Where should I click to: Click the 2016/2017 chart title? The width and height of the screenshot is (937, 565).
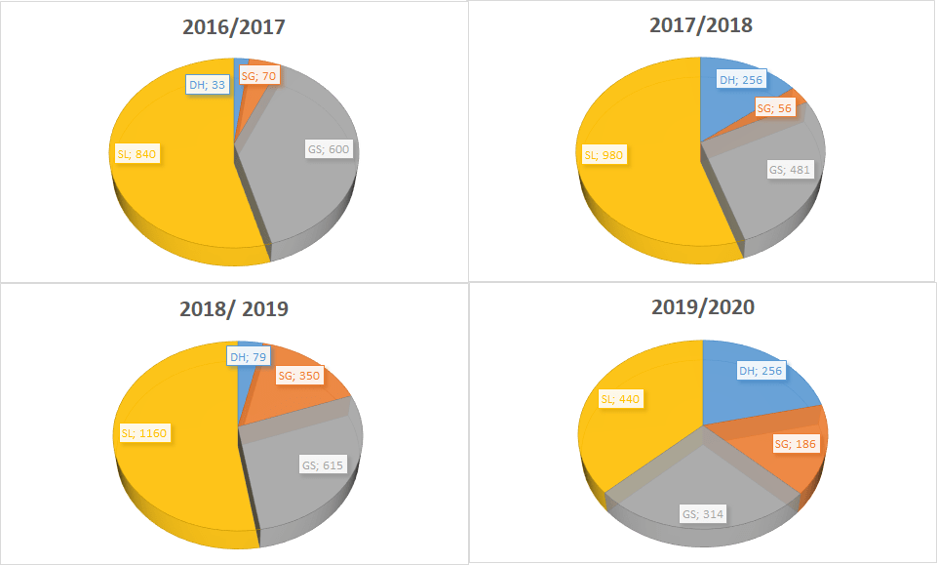[234, 27]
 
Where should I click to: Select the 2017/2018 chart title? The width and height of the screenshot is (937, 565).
[701, 25]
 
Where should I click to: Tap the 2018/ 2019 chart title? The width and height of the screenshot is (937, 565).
[234, 309]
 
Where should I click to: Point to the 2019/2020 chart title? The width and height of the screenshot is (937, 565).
[702, 307]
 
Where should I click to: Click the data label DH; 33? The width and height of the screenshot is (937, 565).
[208, 84]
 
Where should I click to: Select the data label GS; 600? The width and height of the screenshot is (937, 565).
[327, 149]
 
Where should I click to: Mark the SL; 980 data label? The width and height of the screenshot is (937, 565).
[603, 154]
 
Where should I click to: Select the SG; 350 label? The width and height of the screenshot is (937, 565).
[299, 376]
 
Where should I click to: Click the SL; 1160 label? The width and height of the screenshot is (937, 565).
[143, 433]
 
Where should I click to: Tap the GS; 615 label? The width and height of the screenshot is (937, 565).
[322, 464]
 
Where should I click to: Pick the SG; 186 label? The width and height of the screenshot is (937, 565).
[796, 445]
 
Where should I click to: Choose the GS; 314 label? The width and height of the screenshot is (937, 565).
[702, 514]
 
